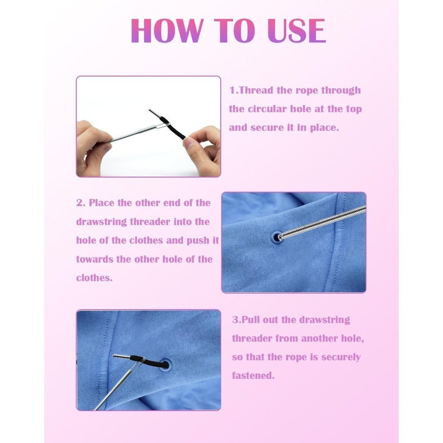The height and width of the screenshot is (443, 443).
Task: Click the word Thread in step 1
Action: pyautogui.click(x=256, y=90)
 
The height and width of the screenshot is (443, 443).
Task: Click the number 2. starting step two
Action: pyautogui.click(x=81, y=203)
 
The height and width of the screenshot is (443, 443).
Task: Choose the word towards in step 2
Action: pyautogui.click(x=95, y=259)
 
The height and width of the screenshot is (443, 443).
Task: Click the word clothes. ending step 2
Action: pyautogui.click(x=94, y=278)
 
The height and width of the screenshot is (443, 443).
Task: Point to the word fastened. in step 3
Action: pyautogui.click(x=253, y=376)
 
